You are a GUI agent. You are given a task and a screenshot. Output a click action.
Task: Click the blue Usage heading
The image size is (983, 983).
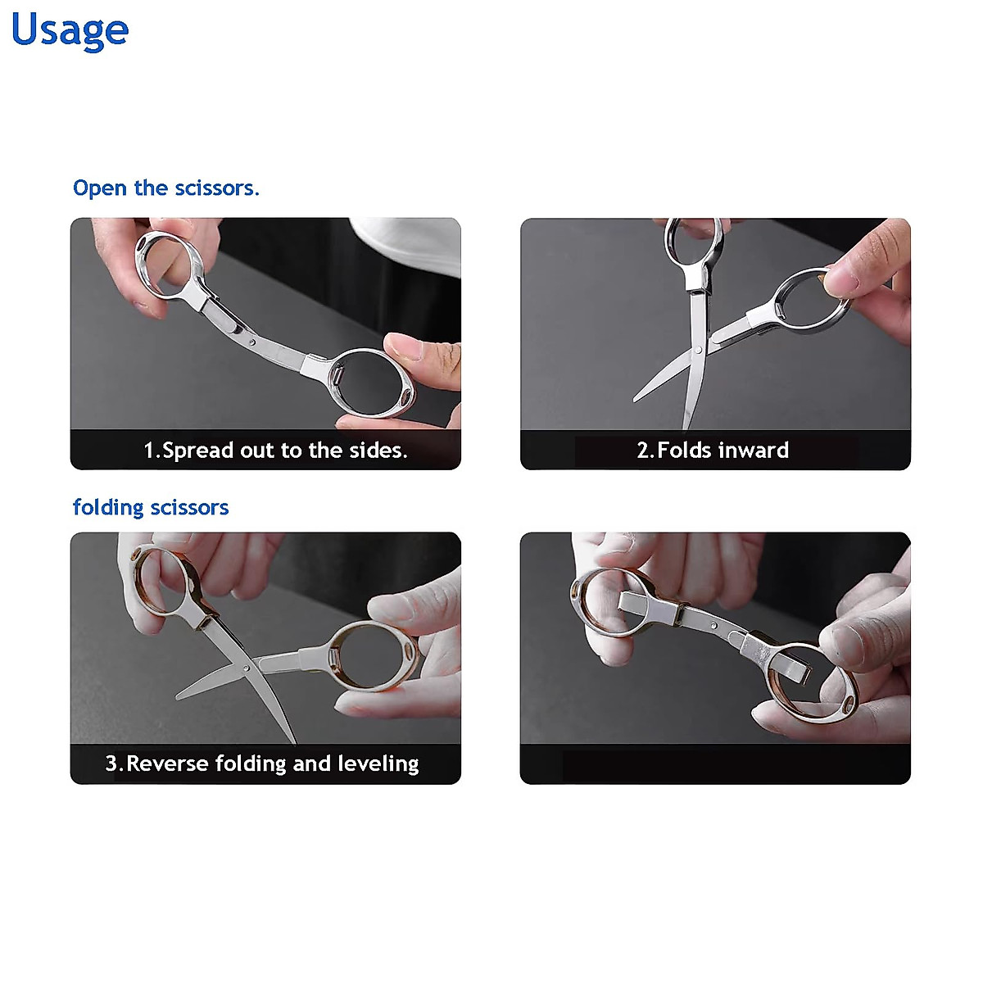[x=70, y=30]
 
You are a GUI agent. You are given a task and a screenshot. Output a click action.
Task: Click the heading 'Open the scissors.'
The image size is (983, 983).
[x=165, y=188]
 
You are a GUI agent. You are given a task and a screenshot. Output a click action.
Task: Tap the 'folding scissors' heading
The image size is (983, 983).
[x=151, y=508]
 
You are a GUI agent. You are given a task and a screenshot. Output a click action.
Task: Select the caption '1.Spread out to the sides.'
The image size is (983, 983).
[x=275, y=451]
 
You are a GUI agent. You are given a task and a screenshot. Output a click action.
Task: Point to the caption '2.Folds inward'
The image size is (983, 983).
[x=713, y=451]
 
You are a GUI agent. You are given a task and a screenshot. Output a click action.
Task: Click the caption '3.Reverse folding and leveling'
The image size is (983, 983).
[x=262, y=764]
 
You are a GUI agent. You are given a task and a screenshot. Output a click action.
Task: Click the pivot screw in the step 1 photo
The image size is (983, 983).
[x=252, y=341]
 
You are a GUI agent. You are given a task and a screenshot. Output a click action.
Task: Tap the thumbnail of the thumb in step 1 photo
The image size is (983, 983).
[x=405, y=347]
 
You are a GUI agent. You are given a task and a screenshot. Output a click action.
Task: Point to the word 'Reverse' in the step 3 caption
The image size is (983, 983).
[x=167, y=764]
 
